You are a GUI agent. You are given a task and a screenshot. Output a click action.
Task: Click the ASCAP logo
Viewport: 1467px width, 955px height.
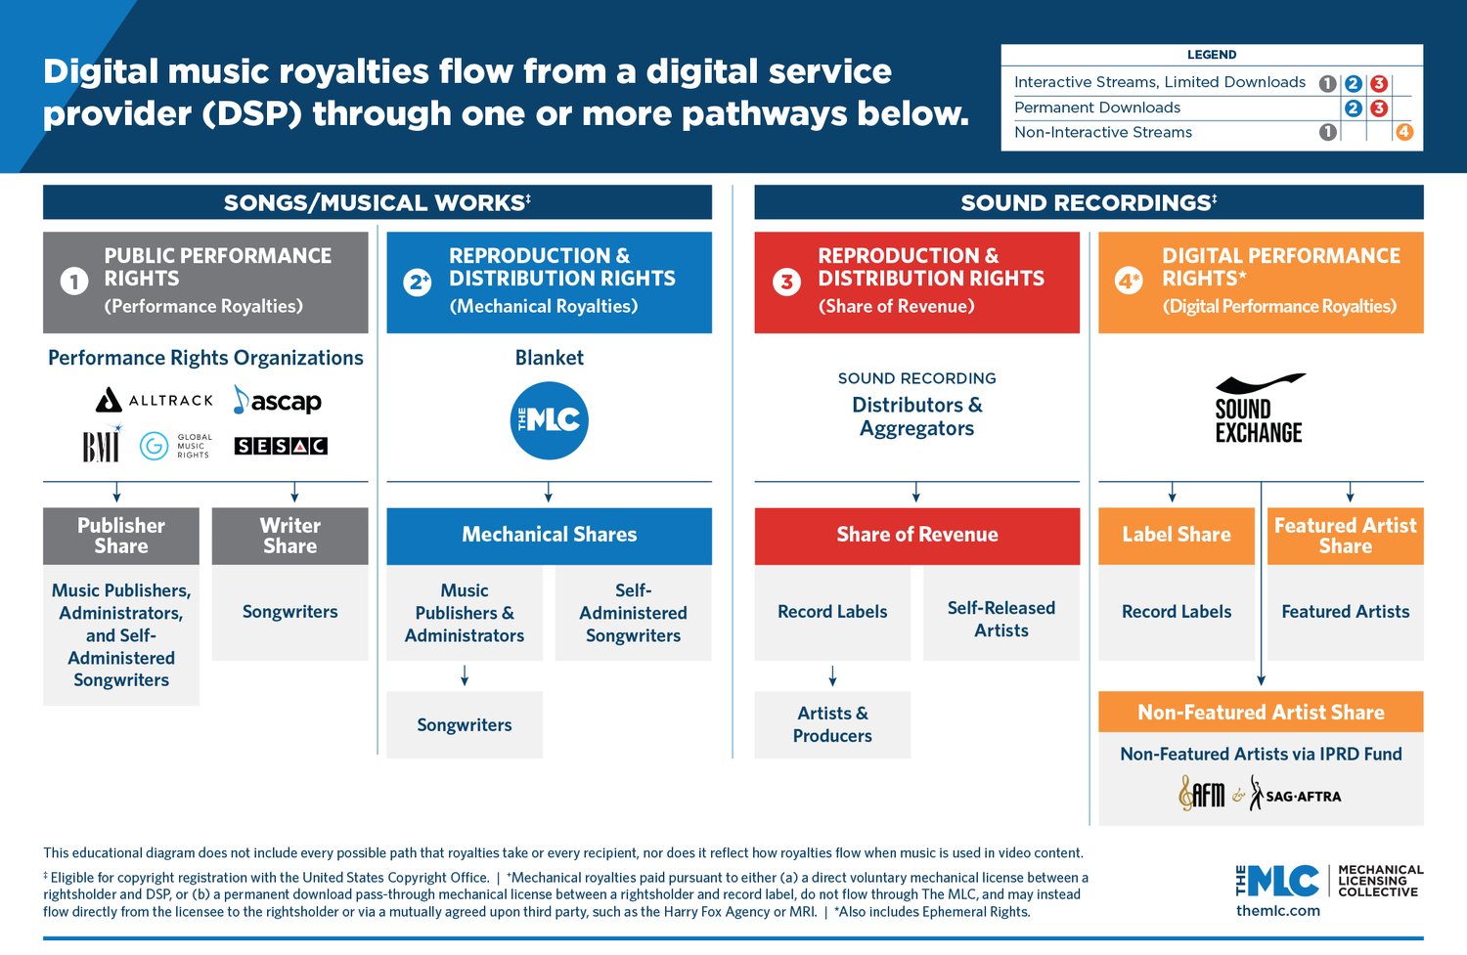point(278,401)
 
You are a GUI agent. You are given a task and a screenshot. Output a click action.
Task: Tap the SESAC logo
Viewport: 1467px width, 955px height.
point(281,446)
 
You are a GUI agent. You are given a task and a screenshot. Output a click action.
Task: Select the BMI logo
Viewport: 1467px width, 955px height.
point(101,447)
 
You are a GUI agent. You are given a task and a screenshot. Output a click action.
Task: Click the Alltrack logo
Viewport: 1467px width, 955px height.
point(155,400)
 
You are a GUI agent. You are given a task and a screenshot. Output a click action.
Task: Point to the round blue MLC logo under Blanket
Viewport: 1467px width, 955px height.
point(550,420)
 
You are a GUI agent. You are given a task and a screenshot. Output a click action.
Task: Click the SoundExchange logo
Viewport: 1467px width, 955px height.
point(1259,409)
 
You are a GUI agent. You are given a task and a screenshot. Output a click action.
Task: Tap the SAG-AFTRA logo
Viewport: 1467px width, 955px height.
point(1296,796)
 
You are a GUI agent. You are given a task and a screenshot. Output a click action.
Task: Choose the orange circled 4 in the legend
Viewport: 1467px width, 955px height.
point(1403,132)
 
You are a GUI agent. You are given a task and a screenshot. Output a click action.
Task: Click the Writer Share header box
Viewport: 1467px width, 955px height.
point(289,536)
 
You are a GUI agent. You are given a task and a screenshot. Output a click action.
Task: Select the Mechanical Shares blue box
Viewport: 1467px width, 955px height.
point(549,535)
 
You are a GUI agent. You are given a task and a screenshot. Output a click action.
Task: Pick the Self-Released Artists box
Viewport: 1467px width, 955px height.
point(1000,619)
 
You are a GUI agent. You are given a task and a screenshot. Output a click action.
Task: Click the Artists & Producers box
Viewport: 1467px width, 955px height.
point(832,724)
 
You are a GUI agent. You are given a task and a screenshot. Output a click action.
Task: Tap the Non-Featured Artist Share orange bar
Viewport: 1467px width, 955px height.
point(1261,713)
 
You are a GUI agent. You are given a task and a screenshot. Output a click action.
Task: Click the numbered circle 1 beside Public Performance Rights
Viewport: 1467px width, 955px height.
point(74,282)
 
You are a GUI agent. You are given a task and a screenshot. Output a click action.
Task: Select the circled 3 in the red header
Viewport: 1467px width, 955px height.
point(786,282)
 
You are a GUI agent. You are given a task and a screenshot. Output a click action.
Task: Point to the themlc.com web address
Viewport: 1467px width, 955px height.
point(1277,910)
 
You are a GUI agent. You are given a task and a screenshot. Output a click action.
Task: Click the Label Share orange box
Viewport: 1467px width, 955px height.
point(1176,535)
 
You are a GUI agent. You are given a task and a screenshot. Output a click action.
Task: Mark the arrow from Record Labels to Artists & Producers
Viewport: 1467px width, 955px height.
point(832,675)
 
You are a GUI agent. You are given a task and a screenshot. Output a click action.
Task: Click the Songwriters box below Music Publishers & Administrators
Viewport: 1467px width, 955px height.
point(465,724)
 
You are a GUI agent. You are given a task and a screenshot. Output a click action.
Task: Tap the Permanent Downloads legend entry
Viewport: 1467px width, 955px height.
point(1096,108)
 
